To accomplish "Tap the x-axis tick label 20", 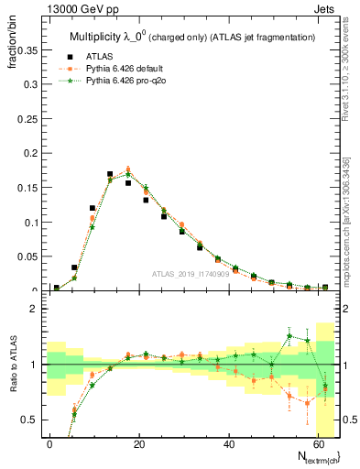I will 137,444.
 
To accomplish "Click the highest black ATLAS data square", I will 110,174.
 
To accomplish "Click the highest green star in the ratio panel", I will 289,336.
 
